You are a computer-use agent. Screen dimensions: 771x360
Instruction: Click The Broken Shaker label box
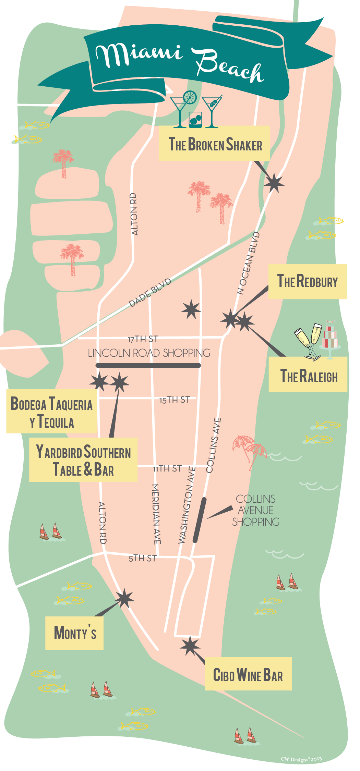point(214,143)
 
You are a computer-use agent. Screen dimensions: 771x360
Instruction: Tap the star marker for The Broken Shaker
point(274,184)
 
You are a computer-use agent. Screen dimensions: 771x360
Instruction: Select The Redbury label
point(308,281)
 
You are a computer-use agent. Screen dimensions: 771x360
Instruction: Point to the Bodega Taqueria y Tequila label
point(52,412)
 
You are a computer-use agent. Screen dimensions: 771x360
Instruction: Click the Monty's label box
point(74,633)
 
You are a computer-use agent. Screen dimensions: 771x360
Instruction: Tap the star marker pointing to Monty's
point(124,599)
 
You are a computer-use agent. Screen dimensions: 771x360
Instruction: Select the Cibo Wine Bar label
point(248,674)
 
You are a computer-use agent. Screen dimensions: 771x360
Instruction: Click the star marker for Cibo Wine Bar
point(190,646)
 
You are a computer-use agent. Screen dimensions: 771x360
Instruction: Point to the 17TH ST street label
point(143,339)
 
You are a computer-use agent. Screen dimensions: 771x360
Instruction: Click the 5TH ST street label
point(142,559)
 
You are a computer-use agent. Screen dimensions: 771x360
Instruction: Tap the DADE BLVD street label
point(150,293)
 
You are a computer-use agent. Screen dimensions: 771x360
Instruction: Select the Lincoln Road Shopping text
point(149,353)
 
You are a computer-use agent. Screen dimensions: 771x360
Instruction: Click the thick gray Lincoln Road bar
point(148,366)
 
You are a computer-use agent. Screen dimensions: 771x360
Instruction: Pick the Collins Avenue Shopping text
point(256,510)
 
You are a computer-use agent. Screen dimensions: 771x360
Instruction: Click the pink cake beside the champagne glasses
point(330,336)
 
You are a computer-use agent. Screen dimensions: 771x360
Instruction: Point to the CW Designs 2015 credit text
point(301,759)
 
